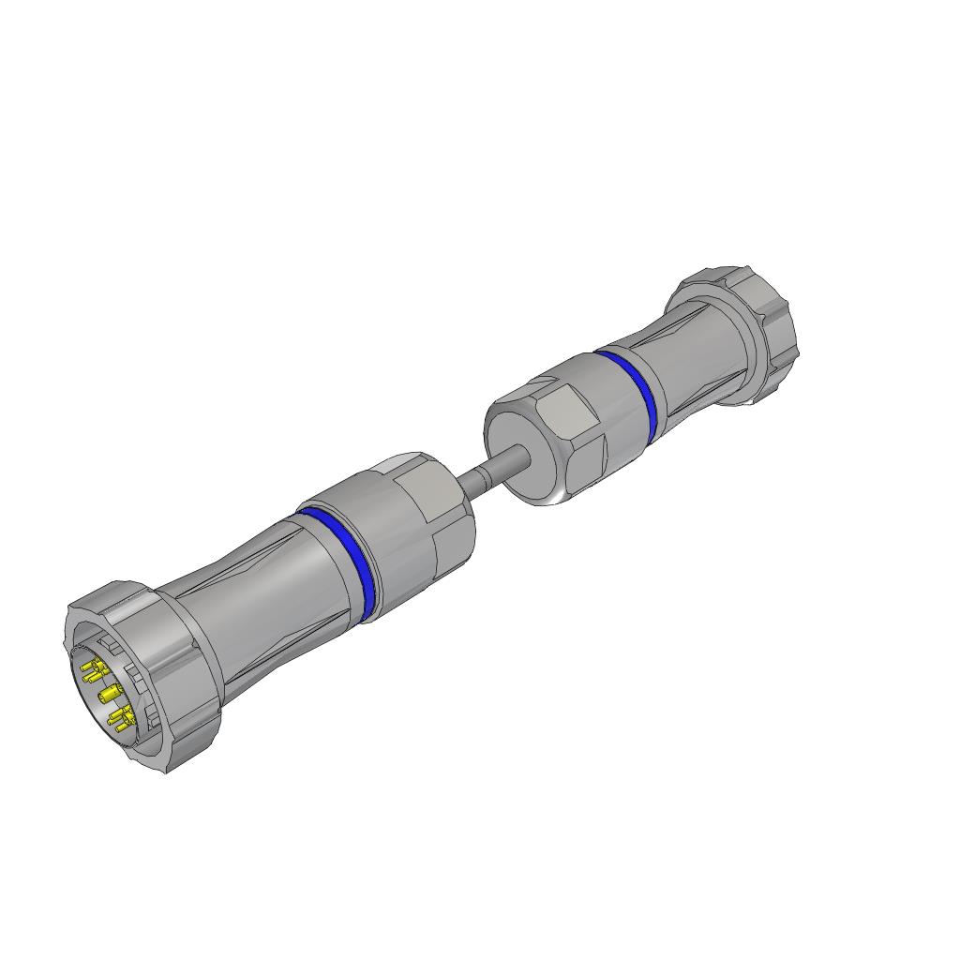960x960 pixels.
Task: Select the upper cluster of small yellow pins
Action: click(94, 671)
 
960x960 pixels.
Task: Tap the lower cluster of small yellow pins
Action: click(120, 720)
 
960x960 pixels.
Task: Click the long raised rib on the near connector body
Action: click(234, 573)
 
